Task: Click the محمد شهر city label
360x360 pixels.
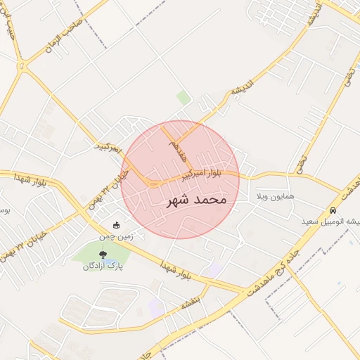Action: click(x=196, y=200)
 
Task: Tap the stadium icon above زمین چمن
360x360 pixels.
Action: click(x=117, y=225)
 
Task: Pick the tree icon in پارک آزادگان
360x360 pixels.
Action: click(x=103, y=254)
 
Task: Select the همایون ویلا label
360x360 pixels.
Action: click(x=285, y=191)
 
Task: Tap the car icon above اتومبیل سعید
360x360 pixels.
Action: click(x=333, y=210)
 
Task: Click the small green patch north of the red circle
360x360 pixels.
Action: click(x=184, y=97)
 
